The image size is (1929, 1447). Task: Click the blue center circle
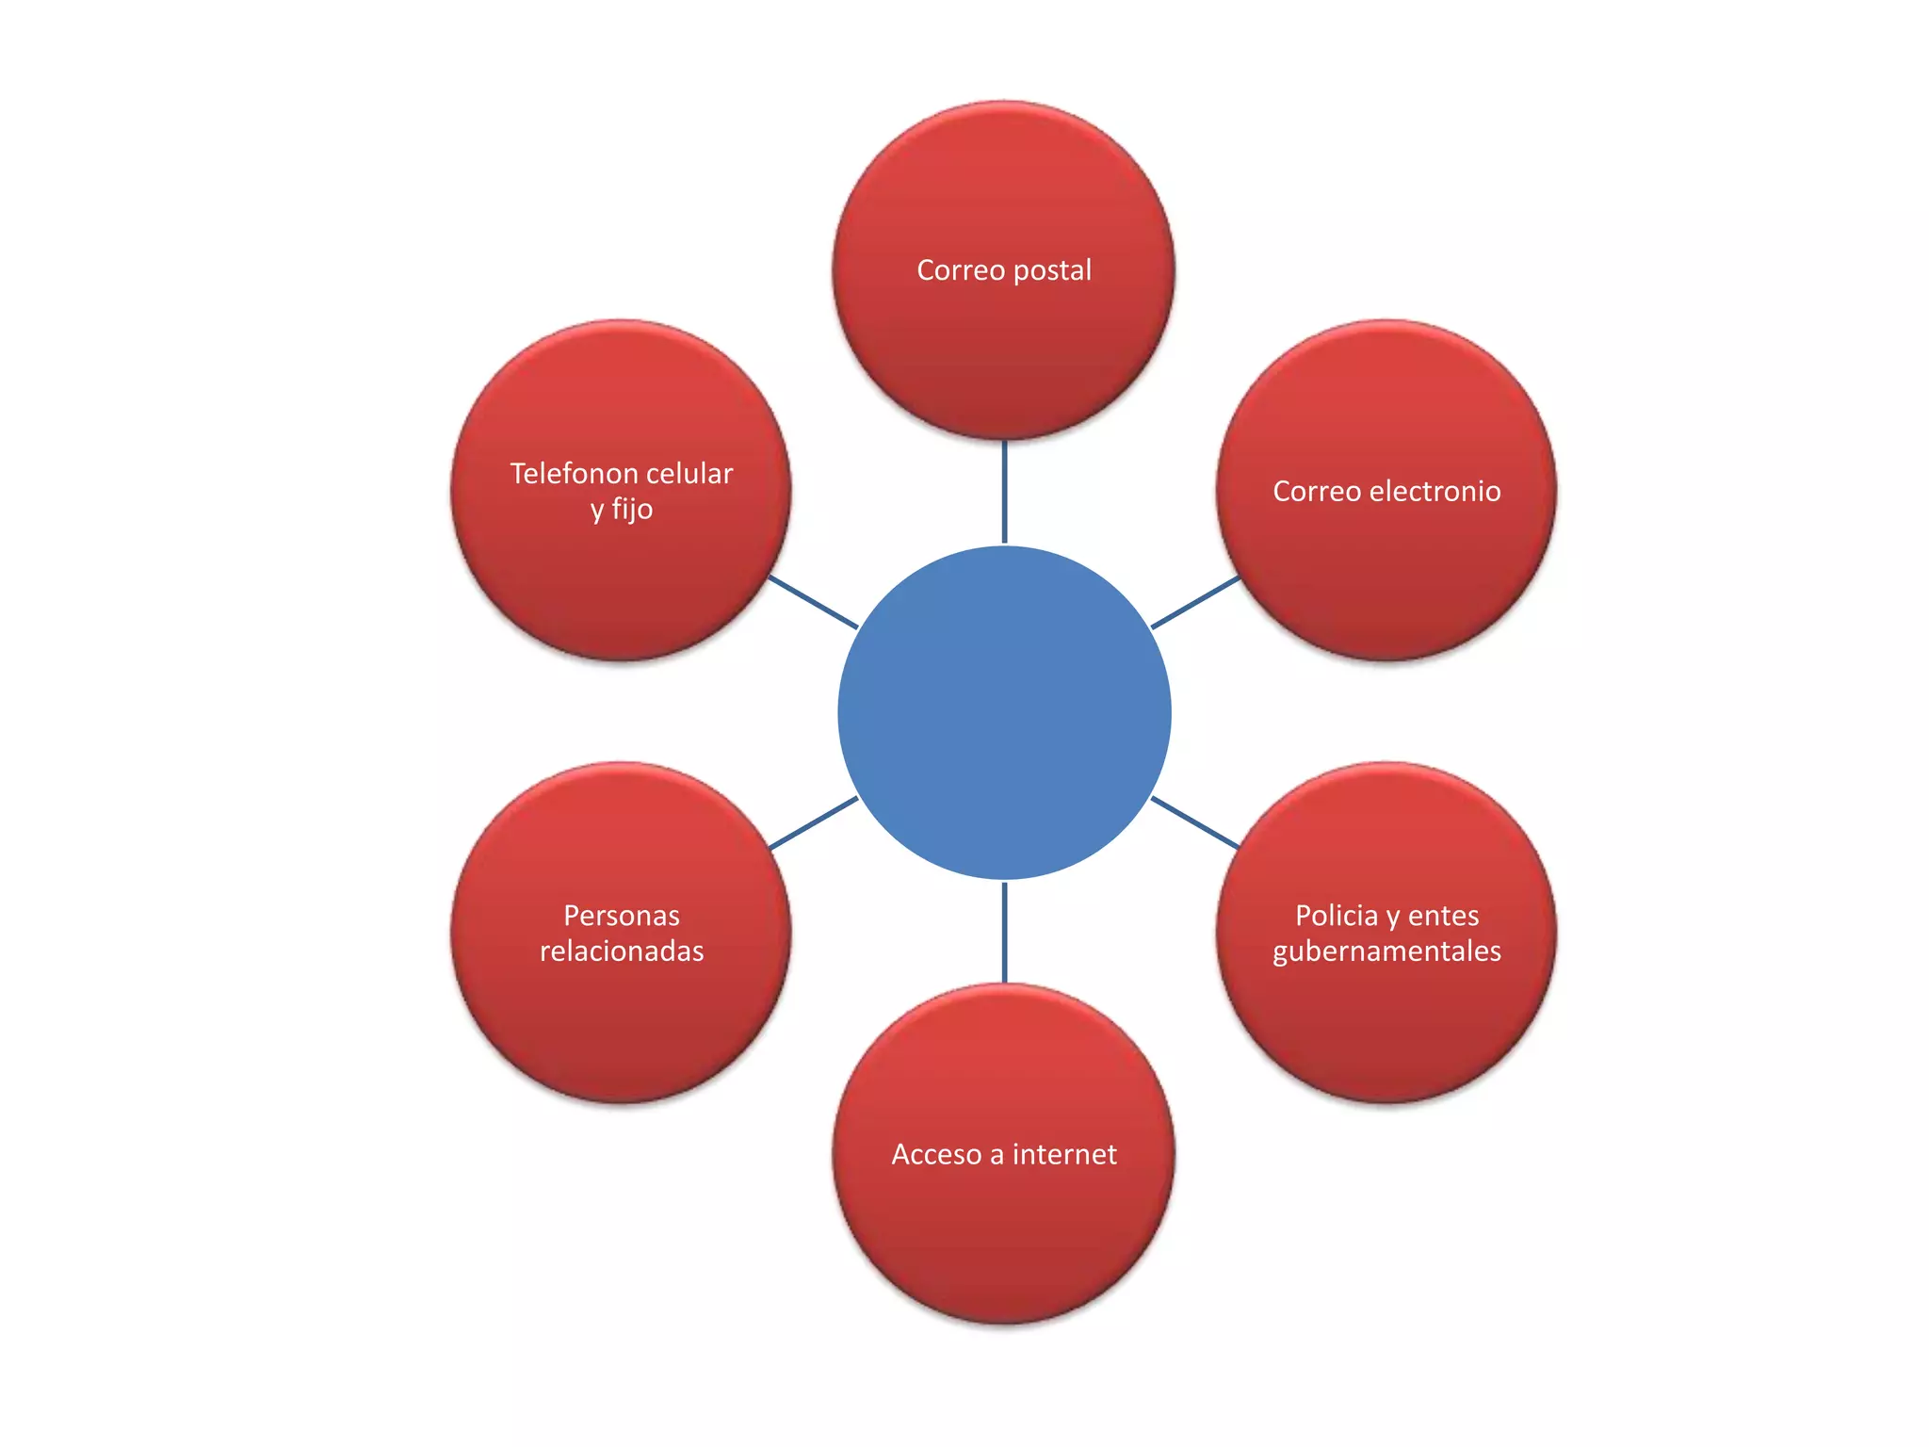1004,713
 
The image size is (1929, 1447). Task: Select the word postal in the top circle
1052,271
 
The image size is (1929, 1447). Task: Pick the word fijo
632,510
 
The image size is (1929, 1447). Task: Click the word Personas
622,916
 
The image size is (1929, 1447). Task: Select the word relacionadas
622,951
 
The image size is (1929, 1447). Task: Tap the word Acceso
936,1155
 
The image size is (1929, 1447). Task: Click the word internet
1064,1155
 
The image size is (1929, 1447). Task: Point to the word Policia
1336,916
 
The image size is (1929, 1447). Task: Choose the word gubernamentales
1386,951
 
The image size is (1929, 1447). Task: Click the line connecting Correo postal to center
1004,492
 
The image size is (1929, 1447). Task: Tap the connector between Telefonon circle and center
813,602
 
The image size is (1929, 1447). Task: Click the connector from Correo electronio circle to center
1195,602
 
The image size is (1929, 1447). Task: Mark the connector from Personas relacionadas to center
813,823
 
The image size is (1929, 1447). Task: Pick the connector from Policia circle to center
1195,823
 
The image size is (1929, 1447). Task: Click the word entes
1443,916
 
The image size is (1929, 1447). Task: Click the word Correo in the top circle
961,271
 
